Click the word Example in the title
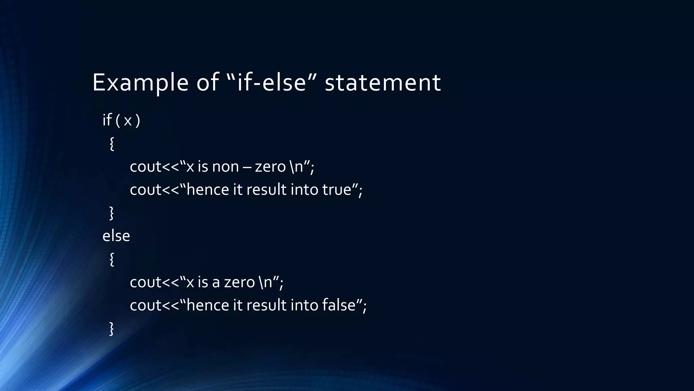[140, 82]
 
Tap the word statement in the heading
[383, 82]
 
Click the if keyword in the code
[107, 120]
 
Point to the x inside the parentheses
[127, 121]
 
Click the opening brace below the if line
[112, 144]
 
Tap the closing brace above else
[111, 213]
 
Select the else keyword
[116, 236]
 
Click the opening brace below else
[112, 260]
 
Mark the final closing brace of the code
[111, 329]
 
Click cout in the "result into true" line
[145, 190]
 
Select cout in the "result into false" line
[145, 305]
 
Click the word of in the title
[207, 82]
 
